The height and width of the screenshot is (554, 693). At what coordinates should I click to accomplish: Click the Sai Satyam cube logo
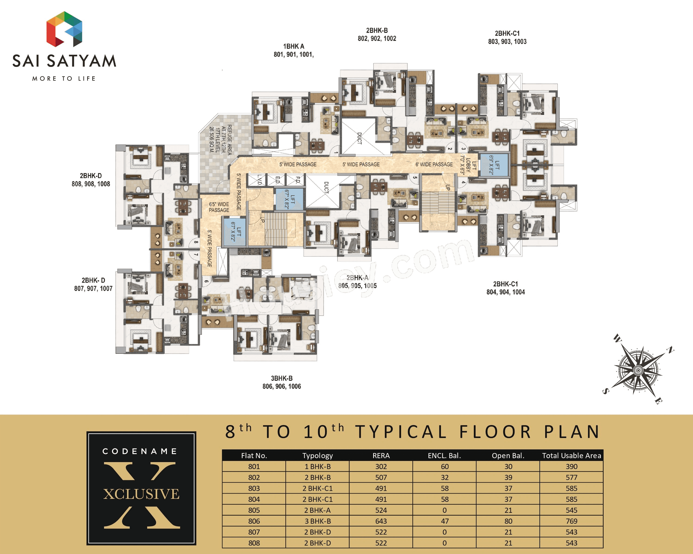64,29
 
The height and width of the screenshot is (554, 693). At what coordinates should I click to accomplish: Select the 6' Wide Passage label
434,164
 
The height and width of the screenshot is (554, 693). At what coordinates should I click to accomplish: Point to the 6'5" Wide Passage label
219,207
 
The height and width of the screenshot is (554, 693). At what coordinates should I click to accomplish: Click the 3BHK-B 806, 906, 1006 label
282,382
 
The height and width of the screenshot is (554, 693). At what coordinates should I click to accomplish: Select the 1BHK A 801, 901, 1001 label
294,50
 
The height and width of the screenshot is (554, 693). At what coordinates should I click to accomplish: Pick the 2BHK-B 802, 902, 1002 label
377,34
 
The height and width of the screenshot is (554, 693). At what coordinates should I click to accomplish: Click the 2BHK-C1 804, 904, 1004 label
505,288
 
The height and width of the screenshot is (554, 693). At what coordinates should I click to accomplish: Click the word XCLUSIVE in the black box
141,494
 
